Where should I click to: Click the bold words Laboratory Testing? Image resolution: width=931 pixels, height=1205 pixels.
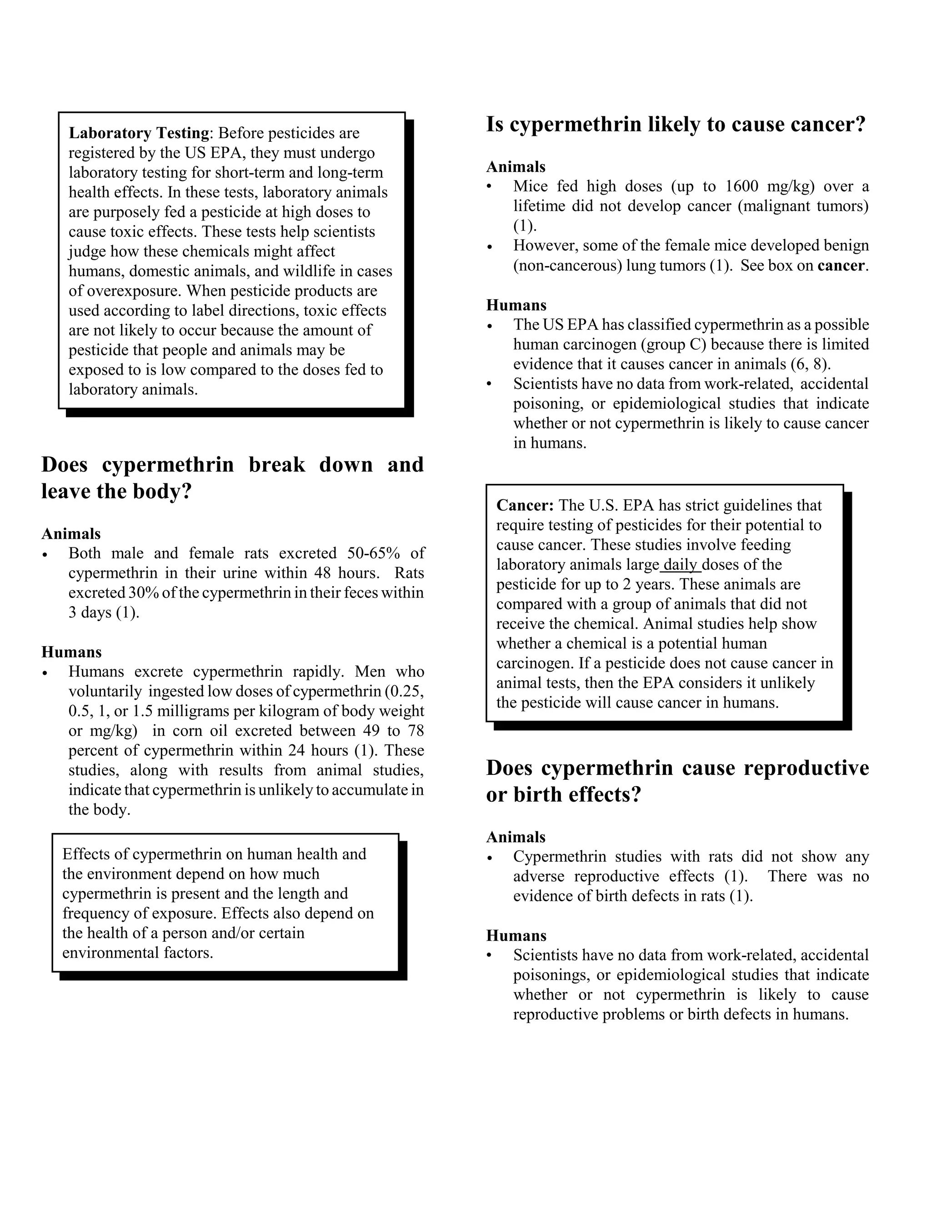pos(139,133)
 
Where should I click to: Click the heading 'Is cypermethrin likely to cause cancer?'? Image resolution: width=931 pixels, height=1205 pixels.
pos(676,125)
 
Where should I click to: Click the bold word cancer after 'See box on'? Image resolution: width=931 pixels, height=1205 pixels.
pos(841,266)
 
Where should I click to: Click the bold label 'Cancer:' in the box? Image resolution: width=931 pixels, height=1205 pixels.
pos(525,505)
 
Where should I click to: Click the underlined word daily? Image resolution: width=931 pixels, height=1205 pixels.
pos(681,564)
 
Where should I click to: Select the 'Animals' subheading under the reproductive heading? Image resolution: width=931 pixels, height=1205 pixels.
pos(515,837)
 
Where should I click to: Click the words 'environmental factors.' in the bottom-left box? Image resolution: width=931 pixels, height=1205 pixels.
pos(137,953)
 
